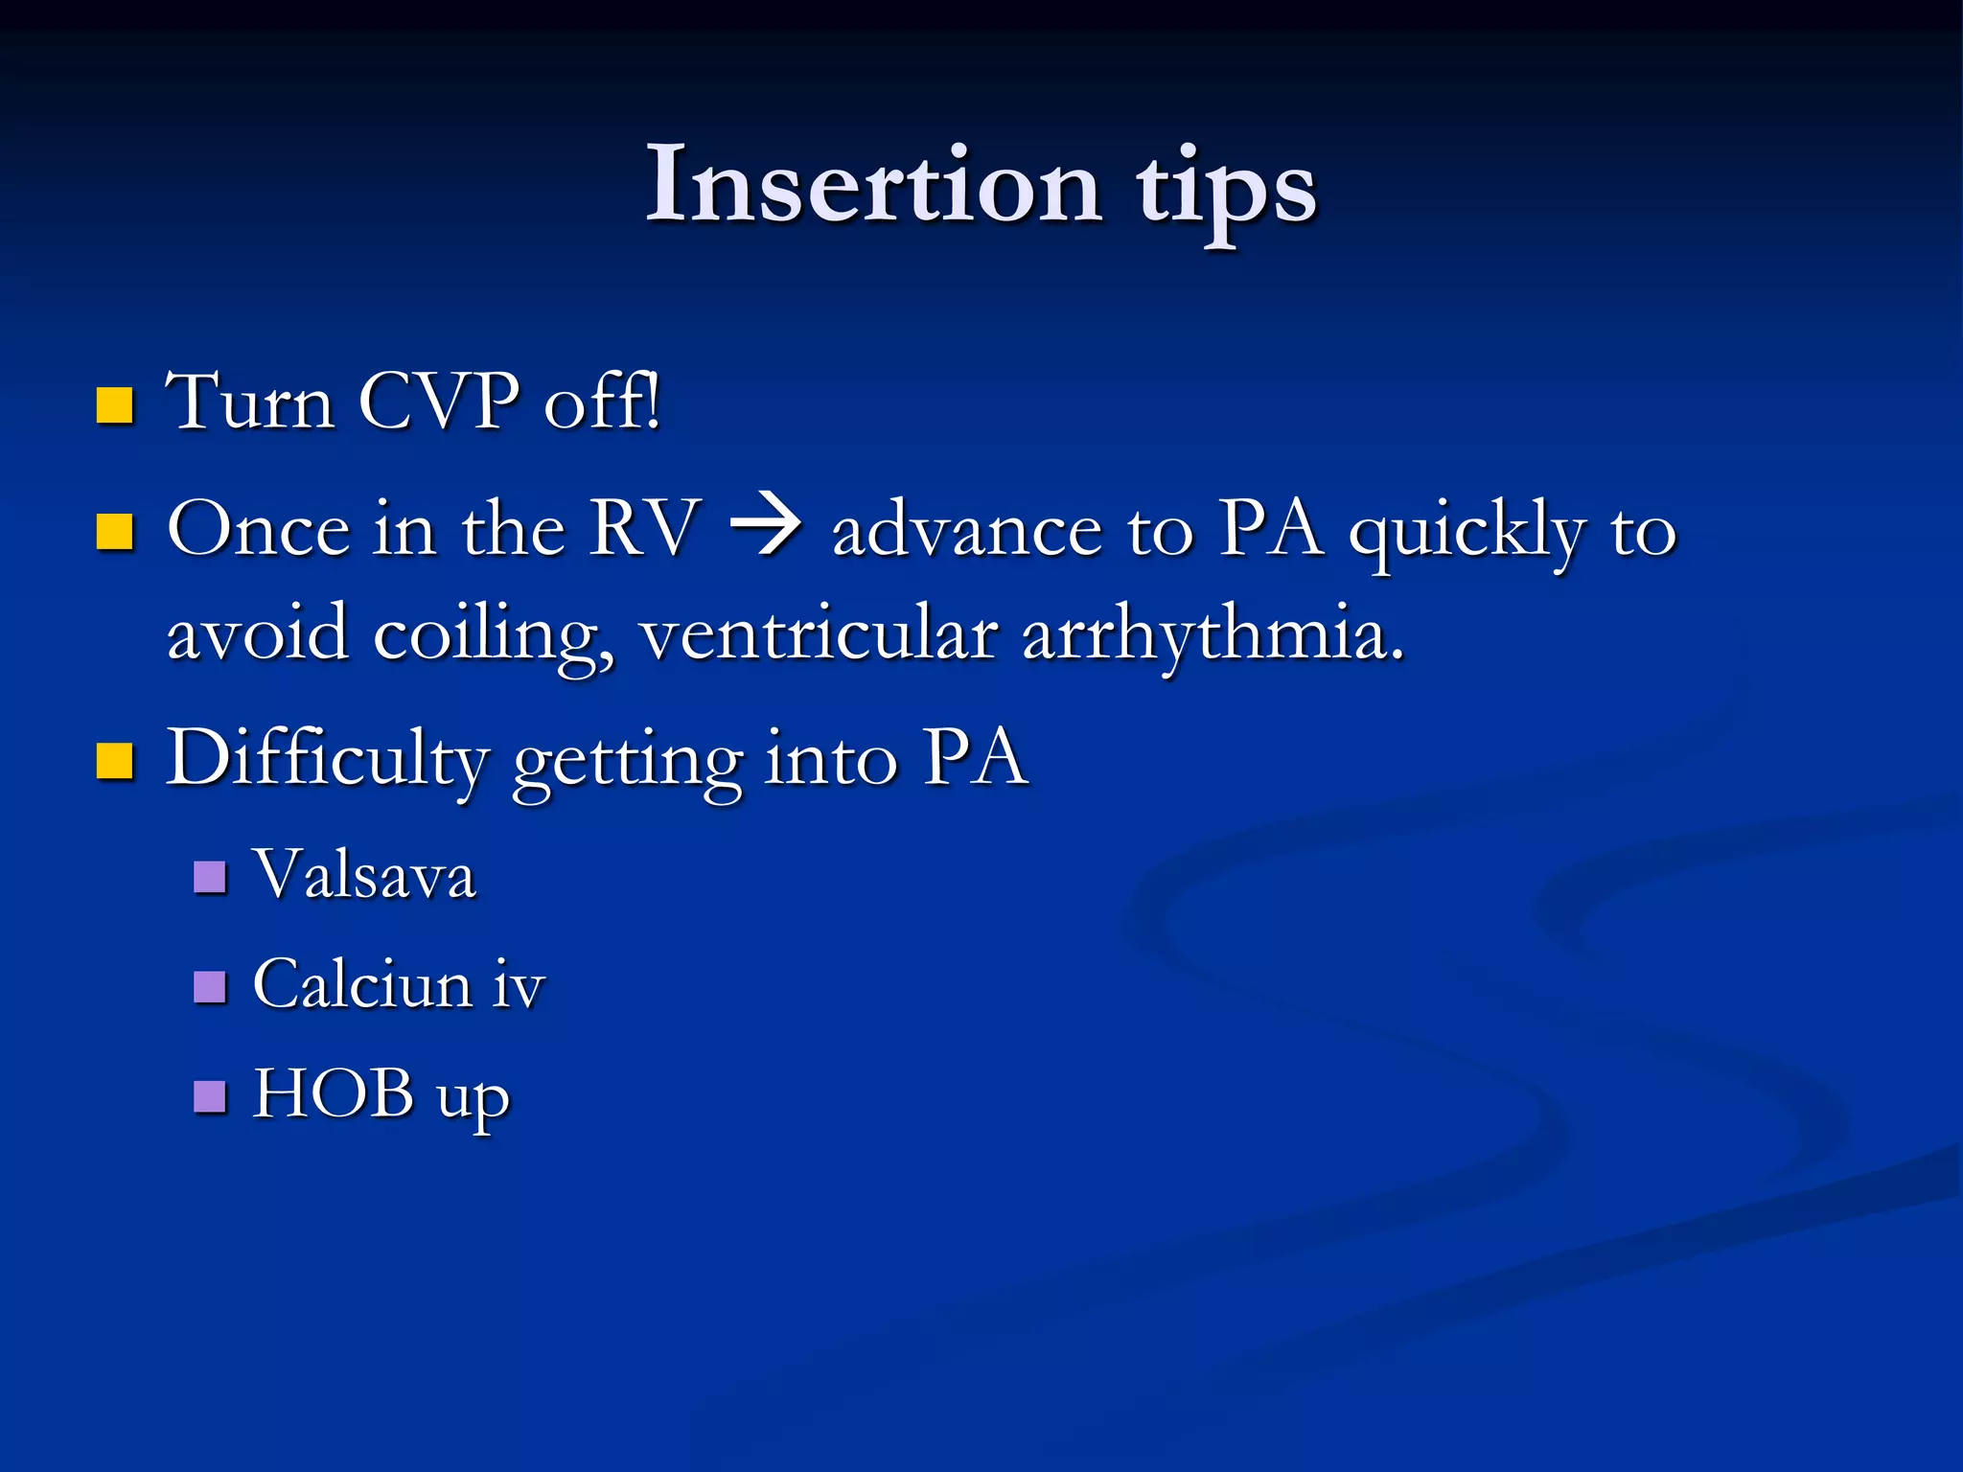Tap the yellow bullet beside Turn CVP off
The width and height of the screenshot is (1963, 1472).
(x=115, y=405)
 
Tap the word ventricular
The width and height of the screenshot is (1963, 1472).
(x=819, y=634)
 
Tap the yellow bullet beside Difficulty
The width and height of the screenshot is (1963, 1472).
(x=115, y=762)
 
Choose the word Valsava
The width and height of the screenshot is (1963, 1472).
(x=364, y=875)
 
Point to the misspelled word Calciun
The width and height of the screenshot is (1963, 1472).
(x=362, y=984)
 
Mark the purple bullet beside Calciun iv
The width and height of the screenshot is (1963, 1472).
(x=210, y=986)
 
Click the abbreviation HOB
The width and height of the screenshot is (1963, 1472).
(x=333, y=1093)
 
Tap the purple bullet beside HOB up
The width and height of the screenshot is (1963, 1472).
(x=210, y=1096)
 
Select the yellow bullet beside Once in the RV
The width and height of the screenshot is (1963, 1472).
(x=115, y=532)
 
